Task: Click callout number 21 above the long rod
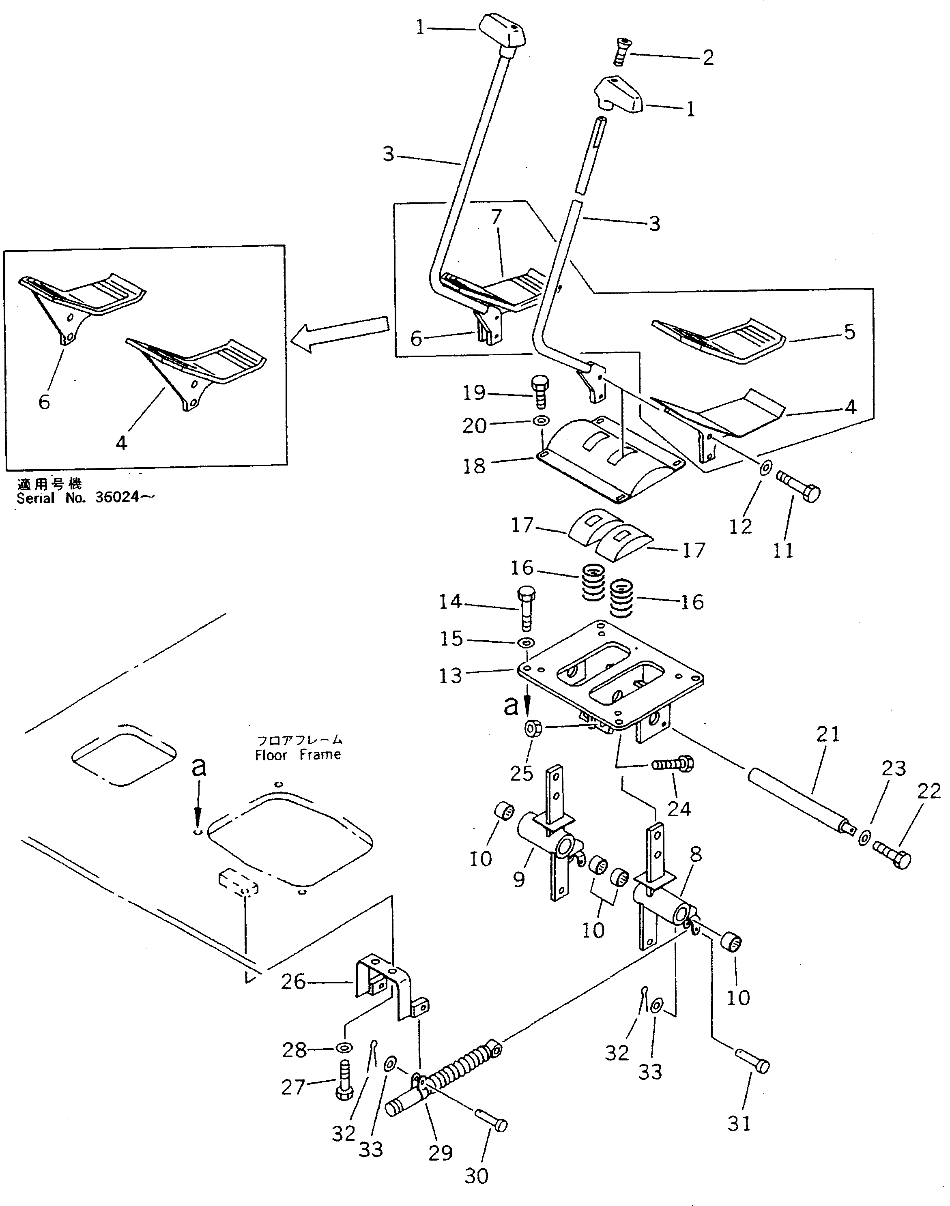(827, 734)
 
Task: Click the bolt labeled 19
(539, 392)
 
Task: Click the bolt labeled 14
(527, 609)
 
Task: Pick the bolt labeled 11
(798, 485)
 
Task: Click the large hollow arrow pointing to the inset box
(339, 334)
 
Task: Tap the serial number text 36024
(117, 497)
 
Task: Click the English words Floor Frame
(298, 755)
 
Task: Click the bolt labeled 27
(343, 1081)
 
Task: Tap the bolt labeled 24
(673, 766)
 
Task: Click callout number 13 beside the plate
(450, 676)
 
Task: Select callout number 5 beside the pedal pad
(849, 332)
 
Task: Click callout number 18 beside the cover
(474, 466)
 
